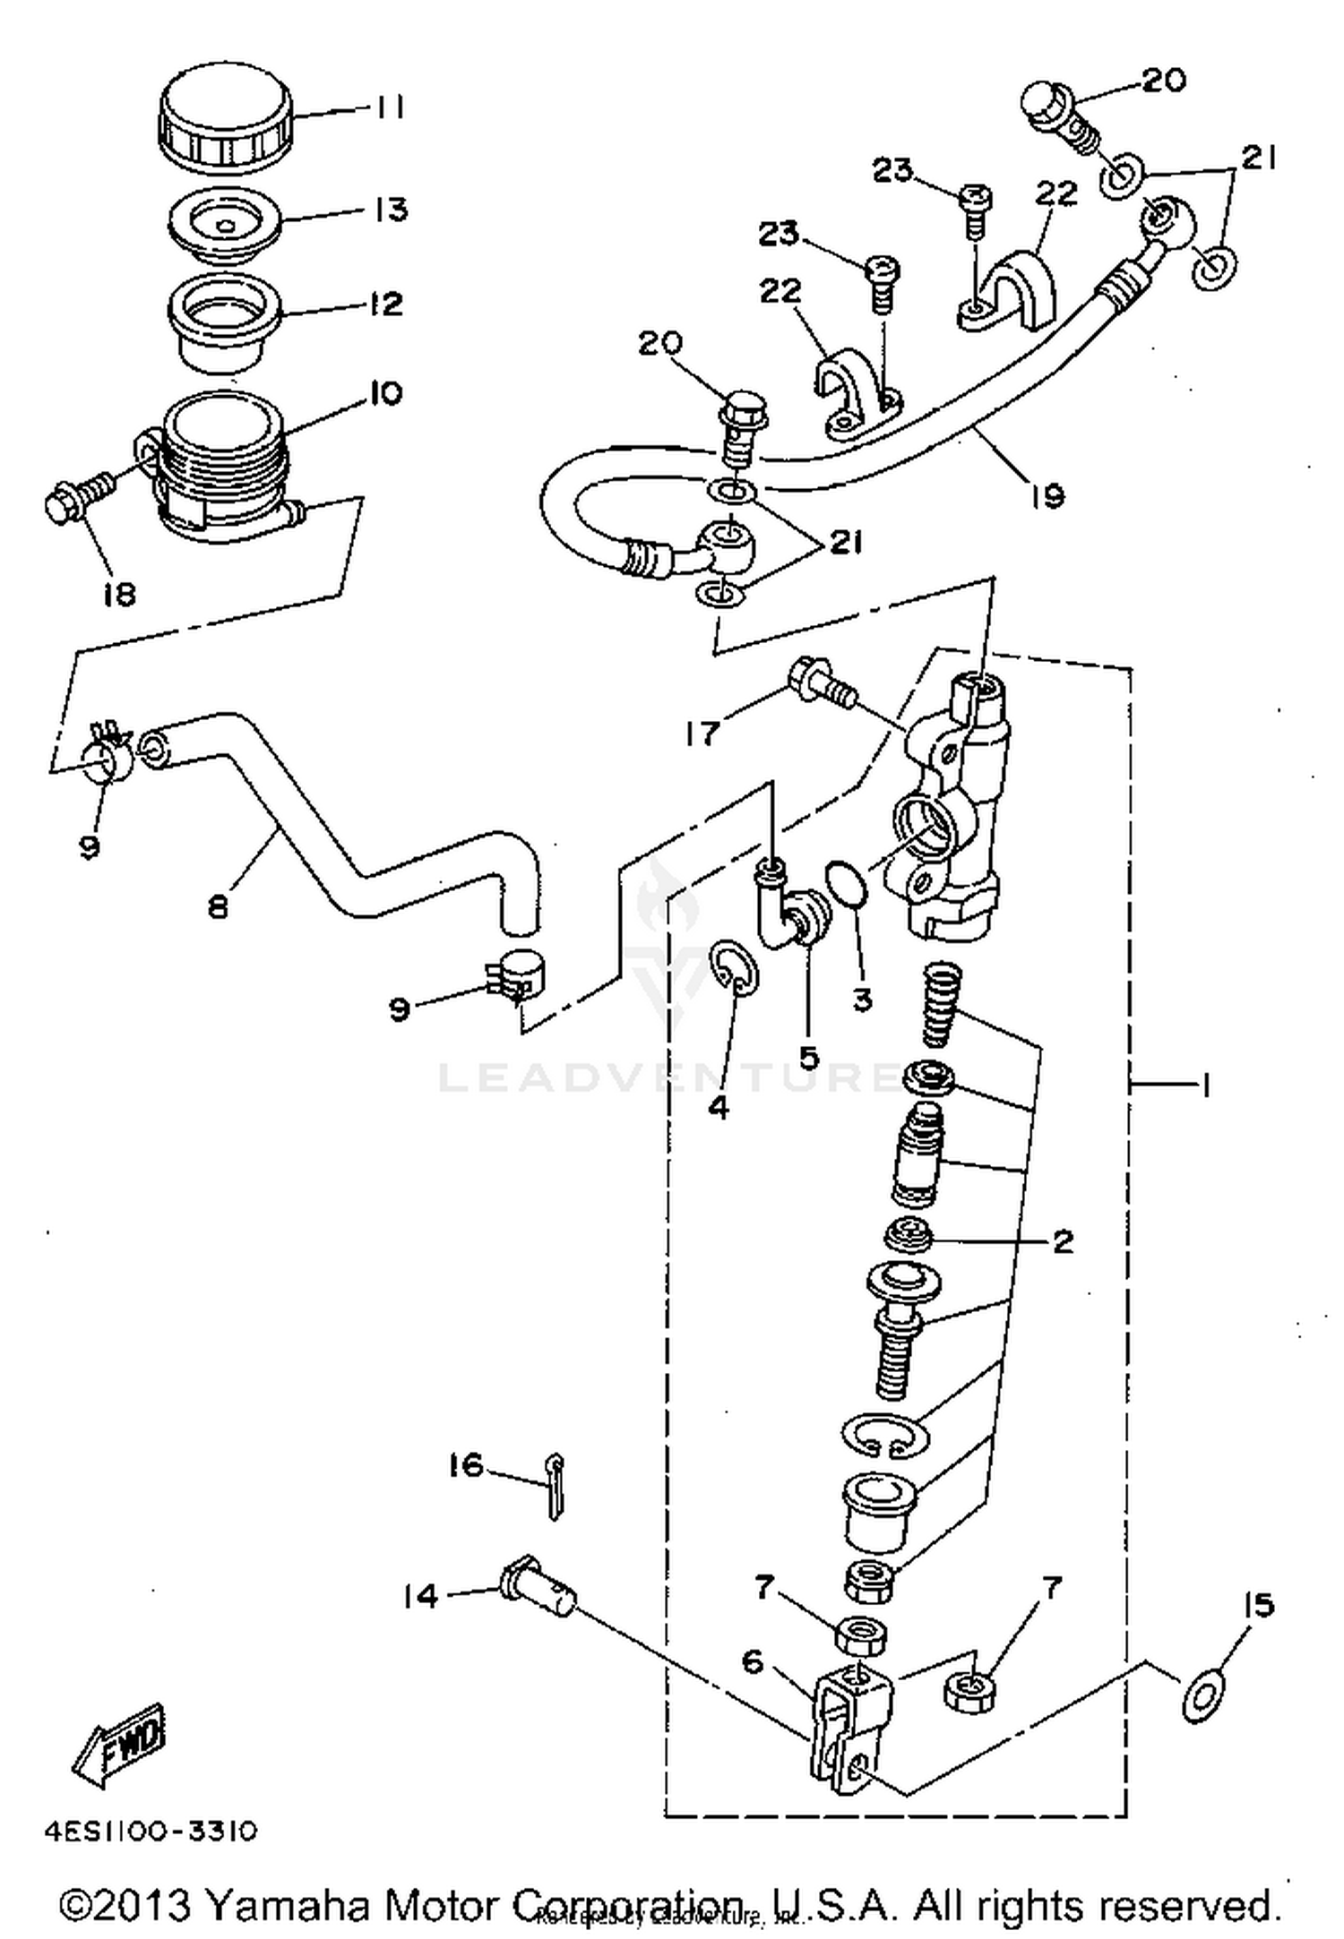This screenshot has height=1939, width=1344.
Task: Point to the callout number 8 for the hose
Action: click(218, 906)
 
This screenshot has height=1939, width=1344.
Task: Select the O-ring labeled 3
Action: click(846, 882)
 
